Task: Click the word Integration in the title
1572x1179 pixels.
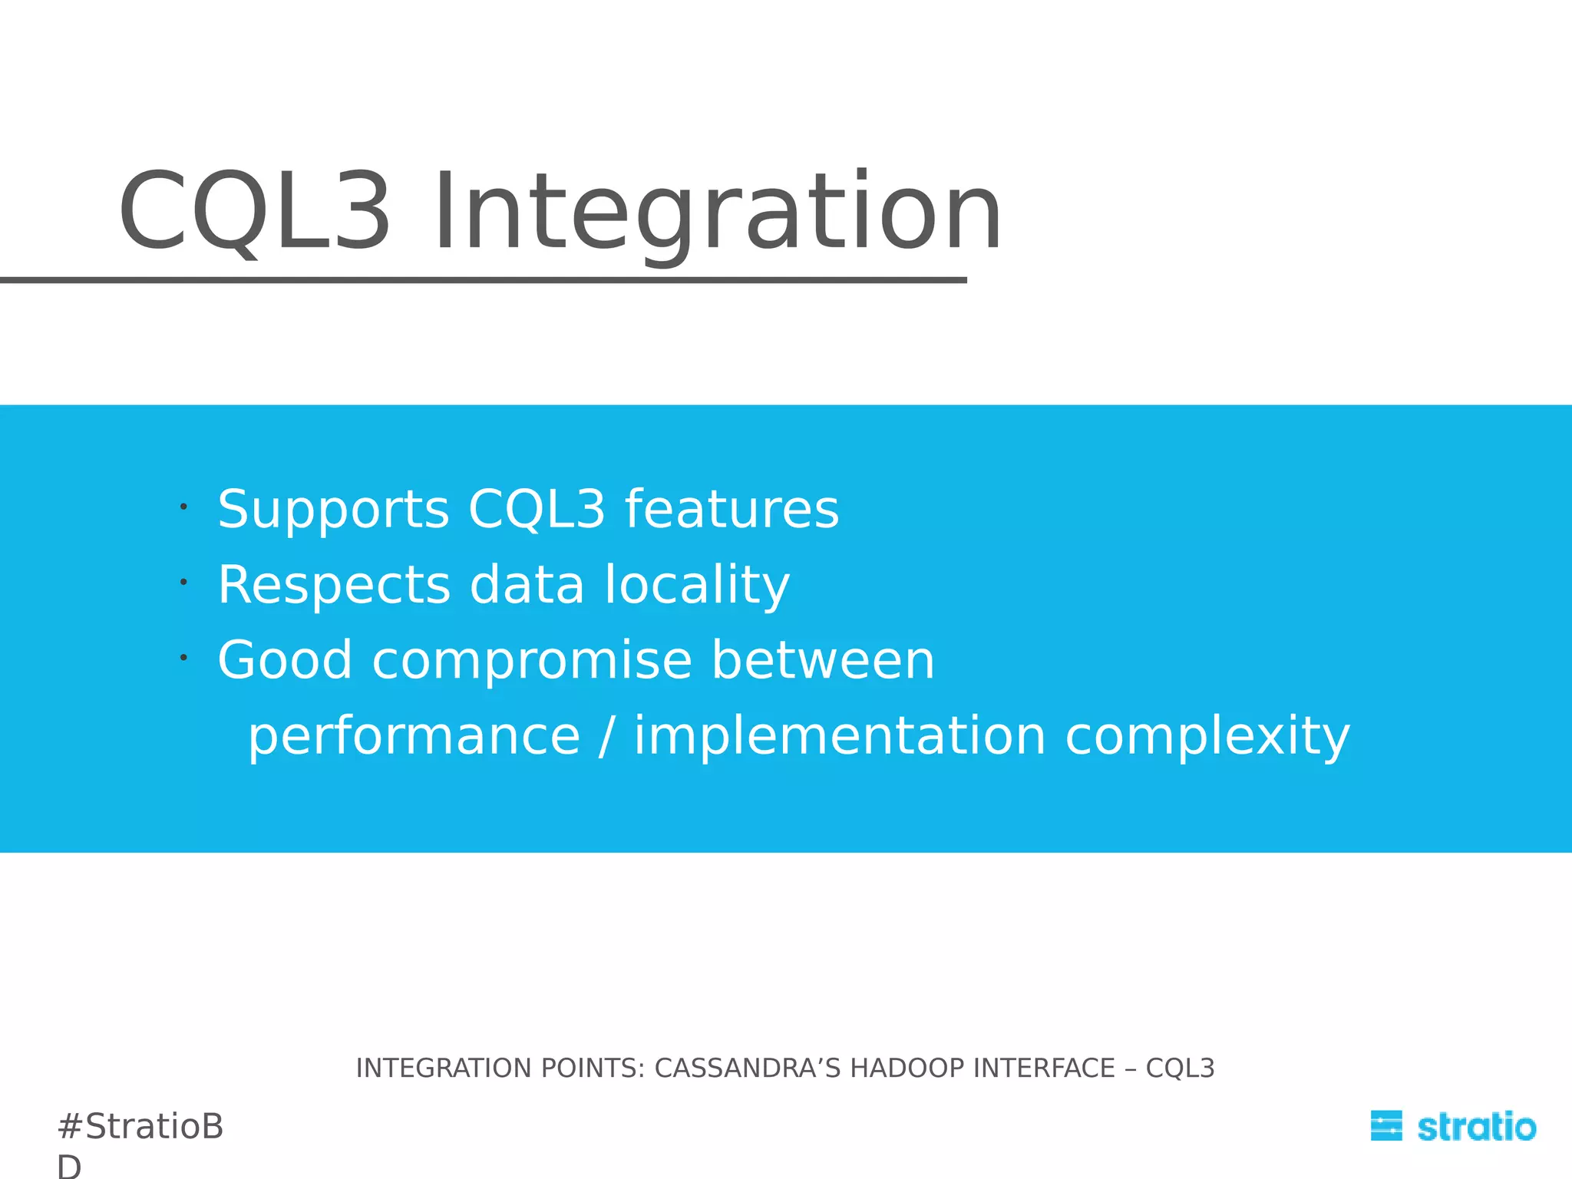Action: (718, 213)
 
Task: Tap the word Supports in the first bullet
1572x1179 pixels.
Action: (333, 510)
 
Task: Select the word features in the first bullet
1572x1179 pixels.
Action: (732, 510)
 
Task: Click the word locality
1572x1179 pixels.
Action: (696, 585)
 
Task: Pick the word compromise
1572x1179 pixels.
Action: (532, 661)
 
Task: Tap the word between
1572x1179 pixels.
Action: (822, 661)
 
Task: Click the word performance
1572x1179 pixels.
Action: (414, 736)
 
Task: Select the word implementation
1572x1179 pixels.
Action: (840, 736)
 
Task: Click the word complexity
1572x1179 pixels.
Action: (1207, 736)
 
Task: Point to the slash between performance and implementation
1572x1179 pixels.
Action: (606, 736)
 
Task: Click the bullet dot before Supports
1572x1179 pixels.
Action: (183, 507)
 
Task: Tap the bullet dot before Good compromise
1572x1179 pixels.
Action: (183, 658)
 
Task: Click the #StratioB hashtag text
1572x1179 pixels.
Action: (140, 1127)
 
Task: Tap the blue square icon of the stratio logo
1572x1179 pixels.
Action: (1385, 1126)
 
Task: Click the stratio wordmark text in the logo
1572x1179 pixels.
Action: (1475, 1127)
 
